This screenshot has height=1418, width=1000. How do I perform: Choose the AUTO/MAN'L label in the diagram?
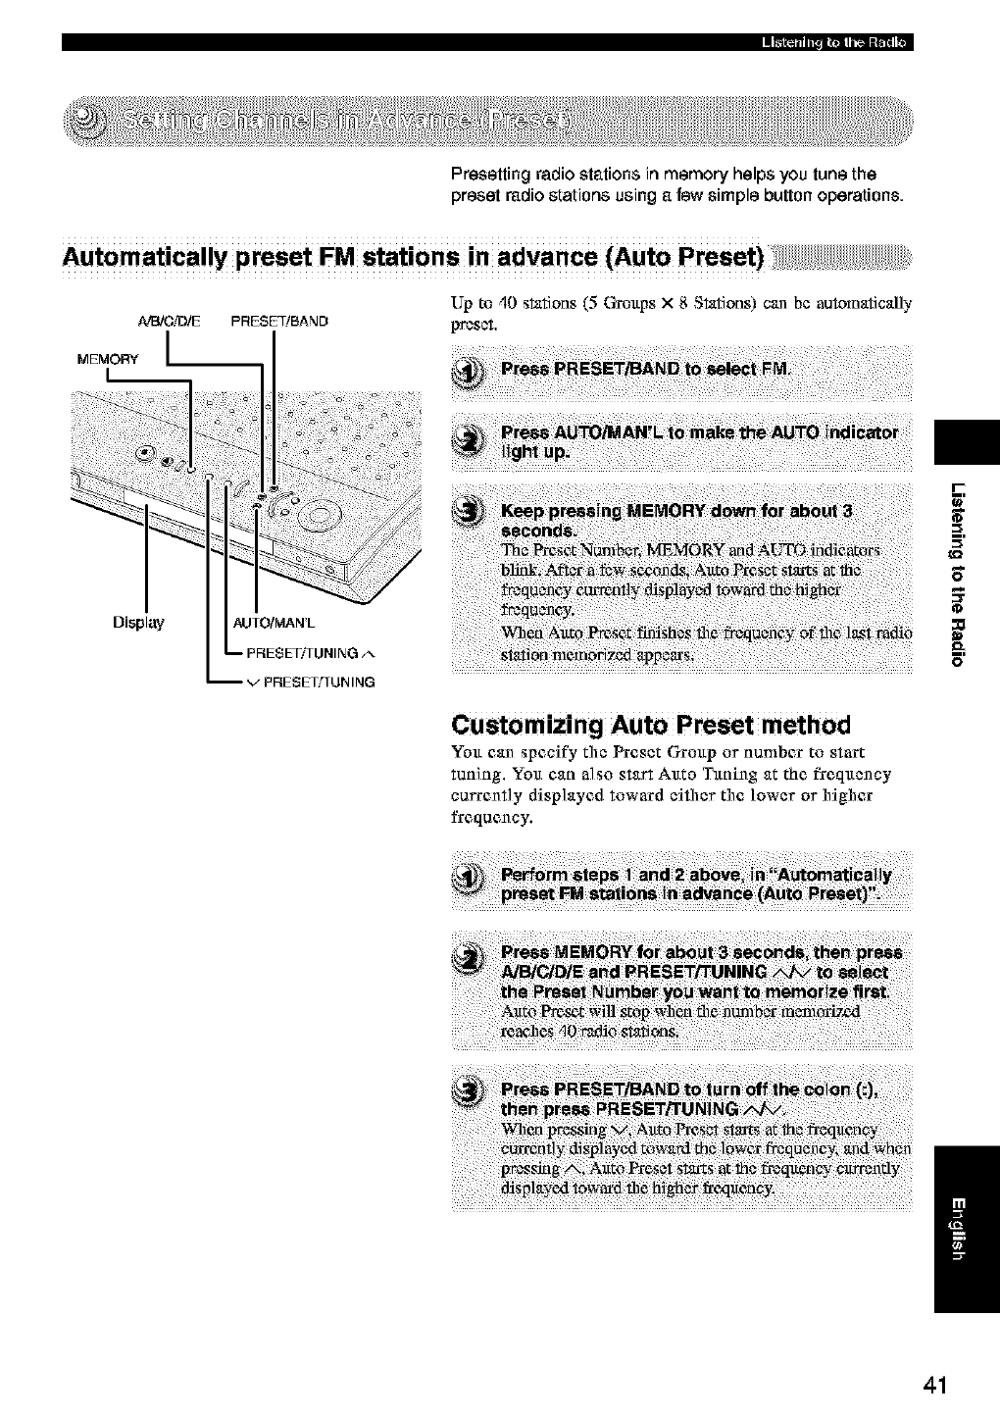[x=274, y=623]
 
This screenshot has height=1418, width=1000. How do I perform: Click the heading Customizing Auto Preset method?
[x=650, y=725]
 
